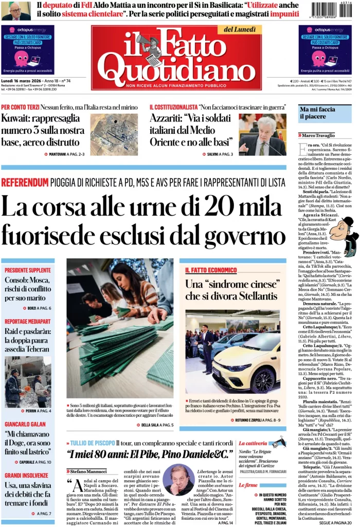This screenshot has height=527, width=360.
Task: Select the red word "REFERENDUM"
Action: point(24,182)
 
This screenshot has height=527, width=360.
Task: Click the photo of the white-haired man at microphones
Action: point(262,134)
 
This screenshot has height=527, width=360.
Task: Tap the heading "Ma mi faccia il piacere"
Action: point(317,113)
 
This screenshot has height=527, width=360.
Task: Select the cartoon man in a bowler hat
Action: point(343,235)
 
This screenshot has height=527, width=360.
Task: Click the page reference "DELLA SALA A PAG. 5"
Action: point(157,425)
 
